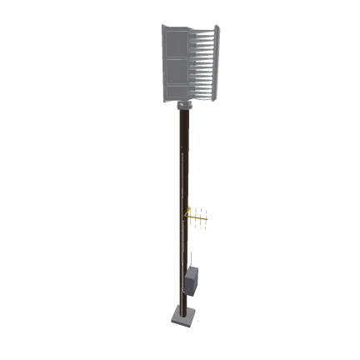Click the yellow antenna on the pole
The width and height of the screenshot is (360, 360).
click(x=197, y=217)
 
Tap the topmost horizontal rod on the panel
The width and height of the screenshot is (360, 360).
click(x=204, y=33)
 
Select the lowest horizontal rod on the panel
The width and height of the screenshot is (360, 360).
click(x=204, y=94)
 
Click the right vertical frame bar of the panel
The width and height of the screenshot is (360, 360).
click(x=218, y=62)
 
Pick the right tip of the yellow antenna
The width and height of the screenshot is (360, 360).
click(x=209, y=217)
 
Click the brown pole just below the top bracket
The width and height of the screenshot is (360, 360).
click(x=183, y=121)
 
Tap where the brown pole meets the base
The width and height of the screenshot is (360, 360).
click(x=182, y=309)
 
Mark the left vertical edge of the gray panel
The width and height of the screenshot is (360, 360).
click(x=162, y=62)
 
